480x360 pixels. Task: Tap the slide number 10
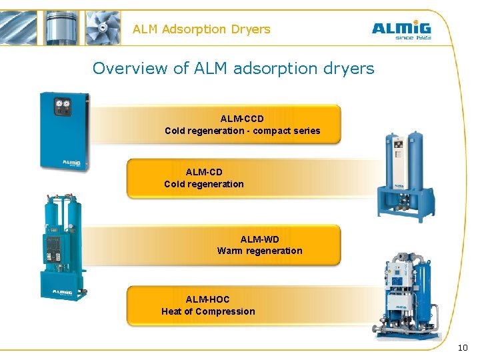click(x=463, y=348)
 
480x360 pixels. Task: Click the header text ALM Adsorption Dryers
click(x=201, y=29)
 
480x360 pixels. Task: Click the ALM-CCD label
click(x=242, y=119)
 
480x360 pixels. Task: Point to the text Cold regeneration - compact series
click(x=242, y=131)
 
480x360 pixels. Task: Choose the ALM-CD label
click(x=204, y=172)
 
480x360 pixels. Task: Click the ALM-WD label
click(x=259, y=239)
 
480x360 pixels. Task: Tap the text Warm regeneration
click(x=259, y=251)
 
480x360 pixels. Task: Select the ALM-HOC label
click(x=207, y=299)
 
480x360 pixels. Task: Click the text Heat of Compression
click(x=207, y=311)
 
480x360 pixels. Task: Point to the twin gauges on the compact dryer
click(x=64, y=105)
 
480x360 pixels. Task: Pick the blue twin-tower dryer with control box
click(x=61, y=247)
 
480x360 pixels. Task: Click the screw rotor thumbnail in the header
click(x=21, y=27)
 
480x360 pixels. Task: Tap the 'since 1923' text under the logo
click(x=413, y=38)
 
